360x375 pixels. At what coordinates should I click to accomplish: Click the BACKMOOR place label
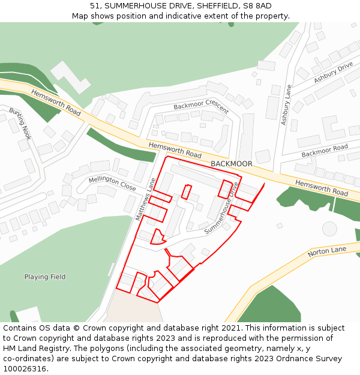point(232,164)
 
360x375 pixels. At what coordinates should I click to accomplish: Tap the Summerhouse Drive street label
point(221,208)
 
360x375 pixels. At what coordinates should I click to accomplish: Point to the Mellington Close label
point(112,184)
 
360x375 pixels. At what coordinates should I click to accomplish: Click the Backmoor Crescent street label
point(201,106)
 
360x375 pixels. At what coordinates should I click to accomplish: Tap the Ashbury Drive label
point(334,71)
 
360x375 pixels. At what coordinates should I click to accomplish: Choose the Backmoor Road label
point(325,151)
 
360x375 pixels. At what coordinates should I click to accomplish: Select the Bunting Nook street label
point(20,123)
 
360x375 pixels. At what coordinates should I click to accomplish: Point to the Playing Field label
point(45,277)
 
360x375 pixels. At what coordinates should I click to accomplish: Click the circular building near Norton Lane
point(329,229)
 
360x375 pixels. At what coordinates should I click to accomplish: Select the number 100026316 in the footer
point(25,368)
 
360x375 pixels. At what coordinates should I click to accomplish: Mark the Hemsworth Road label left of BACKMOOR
point(175,151)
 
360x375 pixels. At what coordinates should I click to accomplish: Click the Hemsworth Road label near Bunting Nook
point(56,103)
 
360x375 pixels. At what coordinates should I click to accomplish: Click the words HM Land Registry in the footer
point(37,348)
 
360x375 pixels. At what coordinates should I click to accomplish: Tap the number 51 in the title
point(95,6)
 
